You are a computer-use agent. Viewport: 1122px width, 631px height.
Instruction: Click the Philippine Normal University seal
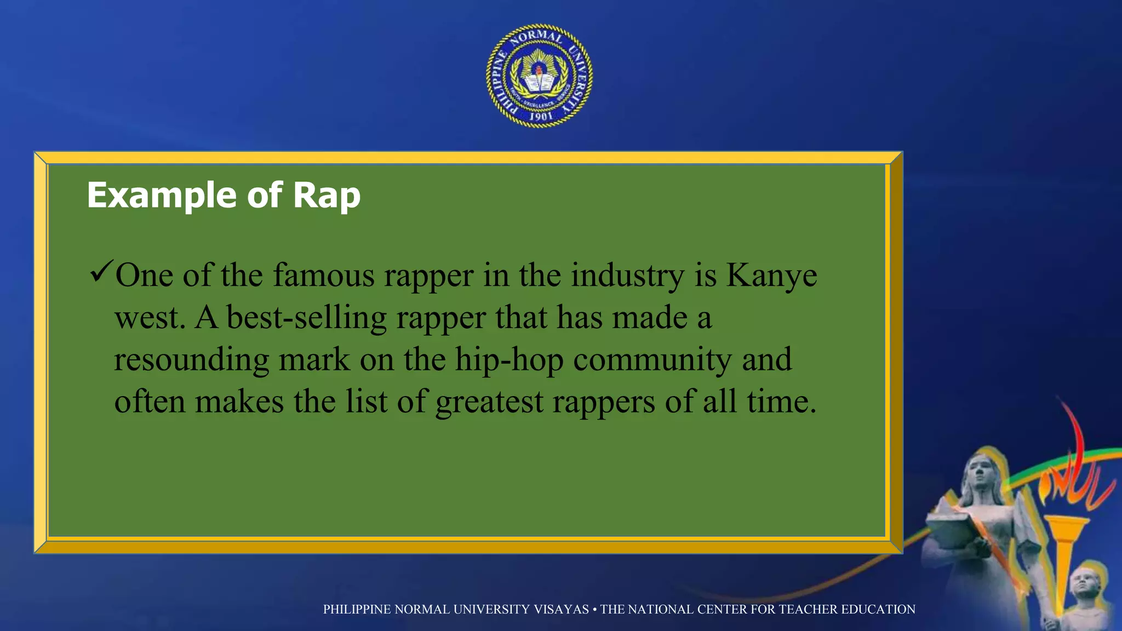tap(540, 76)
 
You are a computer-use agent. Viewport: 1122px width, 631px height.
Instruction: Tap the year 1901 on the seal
tap(541, 116)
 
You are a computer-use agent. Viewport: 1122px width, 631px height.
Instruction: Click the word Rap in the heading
tap(327, 196)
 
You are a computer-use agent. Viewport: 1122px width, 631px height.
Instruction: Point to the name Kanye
tap(771, 276)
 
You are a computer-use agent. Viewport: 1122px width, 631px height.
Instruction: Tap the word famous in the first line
tap(324, 276)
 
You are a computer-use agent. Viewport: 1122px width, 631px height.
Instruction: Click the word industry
tap(628, 276)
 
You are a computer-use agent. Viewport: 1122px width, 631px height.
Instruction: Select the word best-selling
tap(306, 318)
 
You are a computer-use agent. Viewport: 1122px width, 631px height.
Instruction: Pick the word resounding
tap(191, 360)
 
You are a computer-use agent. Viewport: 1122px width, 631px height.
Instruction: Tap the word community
tap(652, 360)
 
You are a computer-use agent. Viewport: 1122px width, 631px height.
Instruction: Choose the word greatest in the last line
tap(489, 403)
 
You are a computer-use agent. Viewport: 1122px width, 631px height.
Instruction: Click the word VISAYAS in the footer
tap(561, 610)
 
